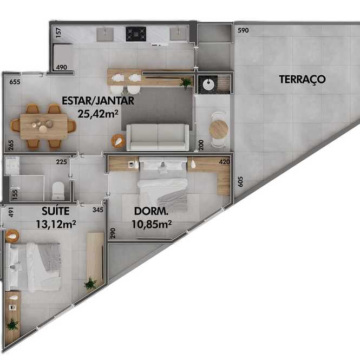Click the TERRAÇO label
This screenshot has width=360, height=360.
click(x=302, y=80)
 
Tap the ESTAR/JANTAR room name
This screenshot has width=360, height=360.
click(x=98, y=101)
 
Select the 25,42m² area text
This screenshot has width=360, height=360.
click(x=98, y=114)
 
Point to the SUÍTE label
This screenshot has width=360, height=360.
click(x=56, y=211)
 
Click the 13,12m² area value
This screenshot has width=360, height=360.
click(x=56, y=224)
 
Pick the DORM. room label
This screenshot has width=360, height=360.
click(x=151, y=211)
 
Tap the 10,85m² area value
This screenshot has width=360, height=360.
click(x=152, y=224)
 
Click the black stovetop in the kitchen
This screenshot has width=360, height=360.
click(x=136, y=34)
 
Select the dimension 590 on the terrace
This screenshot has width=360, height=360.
click(x=243, y=30)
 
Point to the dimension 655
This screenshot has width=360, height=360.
click(x=15, y=82)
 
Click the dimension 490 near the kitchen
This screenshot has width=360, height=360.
click(x=62, y=67)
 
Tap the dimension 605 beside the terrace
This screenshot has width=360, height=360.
click(x=240, y=181)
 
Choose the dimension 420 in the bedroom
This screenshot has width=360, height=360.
click(x=224, y=162)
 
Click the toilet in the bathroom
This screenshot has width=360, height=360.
click(x=58, y=191)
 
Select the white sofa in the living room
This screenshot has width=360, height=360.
click(x=158, y=138)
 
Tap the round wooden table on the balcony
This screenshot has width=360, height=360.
click(x=218, y=129)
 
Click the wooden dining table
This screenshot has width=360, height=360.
click(x=44, y=127)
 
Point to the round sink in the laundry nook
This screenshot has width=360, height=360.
click(x=208, y=84)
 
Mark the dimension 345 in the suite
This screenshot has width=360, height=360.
click(x=98, y=210)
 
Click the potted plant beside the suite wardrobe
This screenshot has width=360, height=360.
click(x=90, y=284)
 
